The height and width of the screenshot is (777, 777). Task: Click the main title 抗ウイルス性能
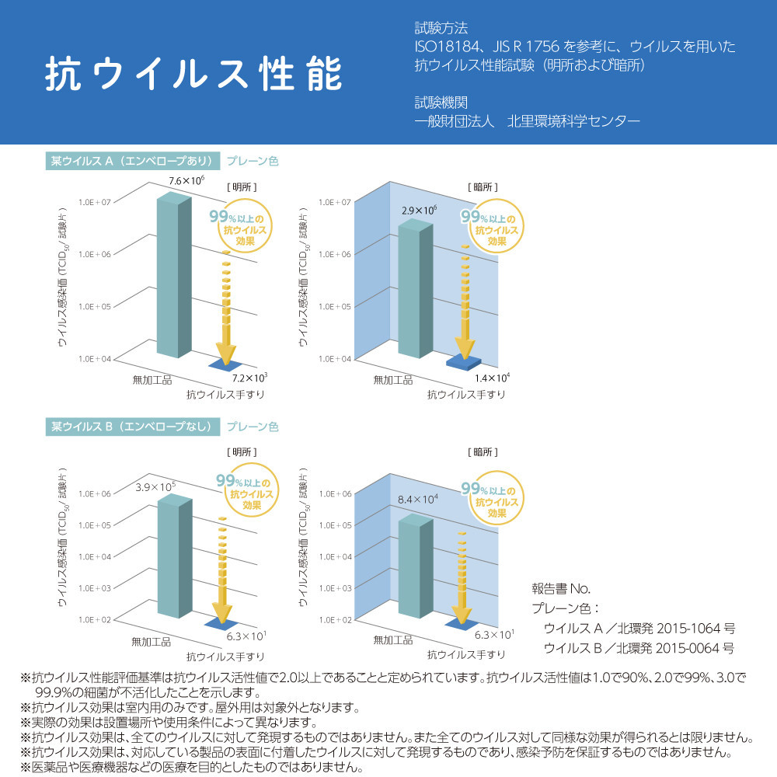click(x=193, y=75)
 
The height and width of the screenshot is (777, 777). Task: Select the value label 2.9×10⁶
click(x=420, y=211)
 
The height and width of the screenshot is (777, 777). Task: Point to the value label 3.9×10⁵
click(x=155, y=487)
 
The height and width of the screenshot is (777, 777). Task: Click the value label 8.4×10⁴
click(x=419, y=499)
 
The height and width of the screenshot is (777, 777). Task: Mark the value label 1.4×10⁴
click(x=492, y=378)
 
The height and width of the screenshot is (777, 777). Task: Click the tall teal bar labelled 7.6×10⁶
click(x=173, y=276)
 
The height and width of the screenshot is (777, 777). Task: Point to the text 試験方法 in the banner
click(x=441, y=29)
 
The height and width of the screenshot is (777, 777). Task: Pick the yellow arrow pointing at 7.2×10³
click(x=225, y=311)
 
